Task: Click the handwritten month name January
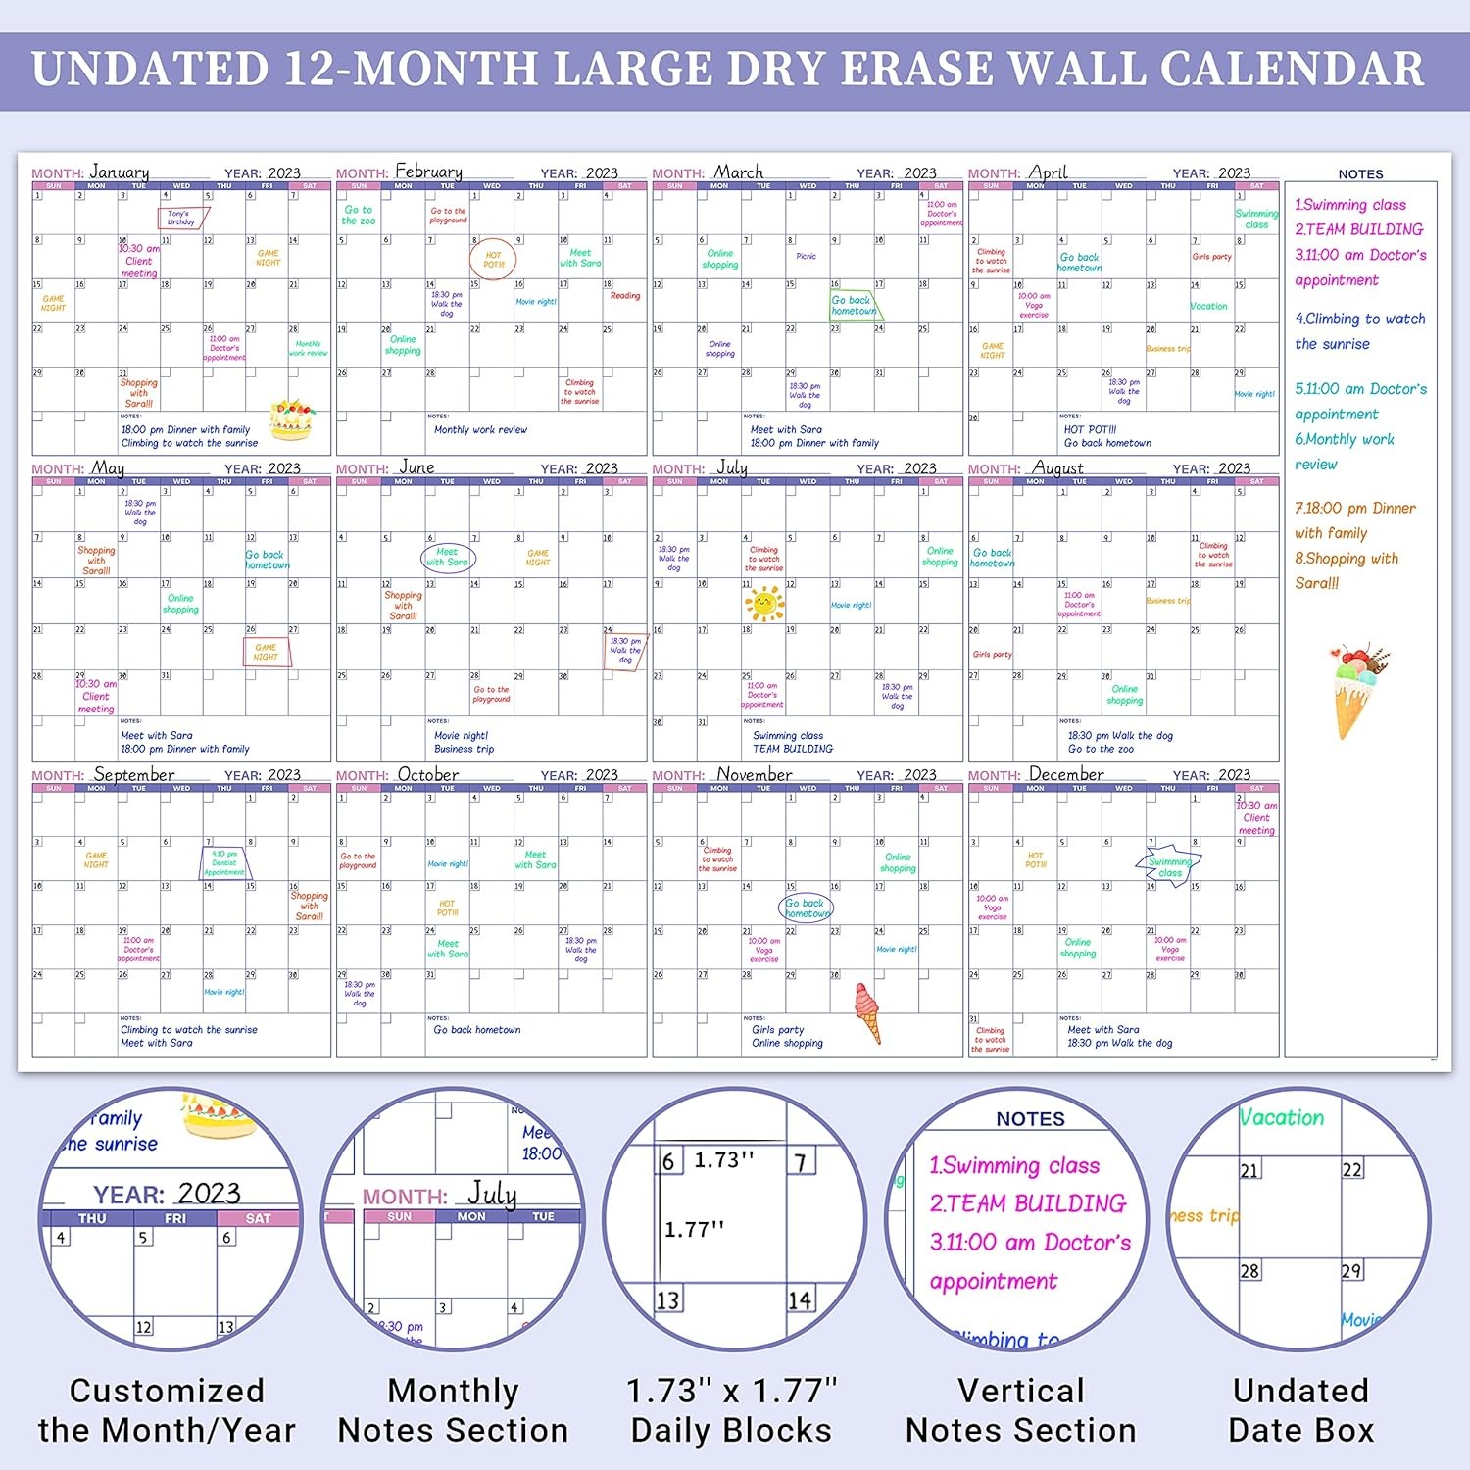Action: (x=120, y=172)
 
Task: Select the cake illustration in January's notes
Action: (x=290, y=418)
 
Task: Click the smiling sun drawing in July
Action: (x=763, y=603)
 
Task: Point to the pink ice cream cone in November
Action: (x=867, y=1012)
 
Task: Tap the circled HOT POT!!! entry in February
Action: (x=493, y=260)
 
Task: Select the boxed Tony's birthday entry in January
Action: (x=182, y=218)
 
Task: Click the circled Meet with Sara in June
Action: (x=448, y=558)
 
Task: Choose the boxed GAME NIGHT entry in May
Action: (x=267, y=652)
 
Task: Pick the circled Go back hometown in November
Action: (x=807, y=908)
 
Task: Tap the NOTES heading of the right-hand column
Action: (x=1360, y=174)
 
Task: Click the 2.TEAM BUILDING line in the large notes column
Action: (x=1358, y=229)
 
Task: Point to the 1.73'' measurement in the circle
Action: (x=723, y=1160)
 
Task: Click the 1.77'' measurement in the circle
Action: (x=694, y=1229)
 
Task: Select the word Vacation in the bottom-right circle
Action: (x=1281, y=1118)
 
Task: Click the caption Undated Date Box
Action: (x=1300, y=1410)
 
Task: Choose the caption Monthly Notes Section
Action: (x=453, y=1410)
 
